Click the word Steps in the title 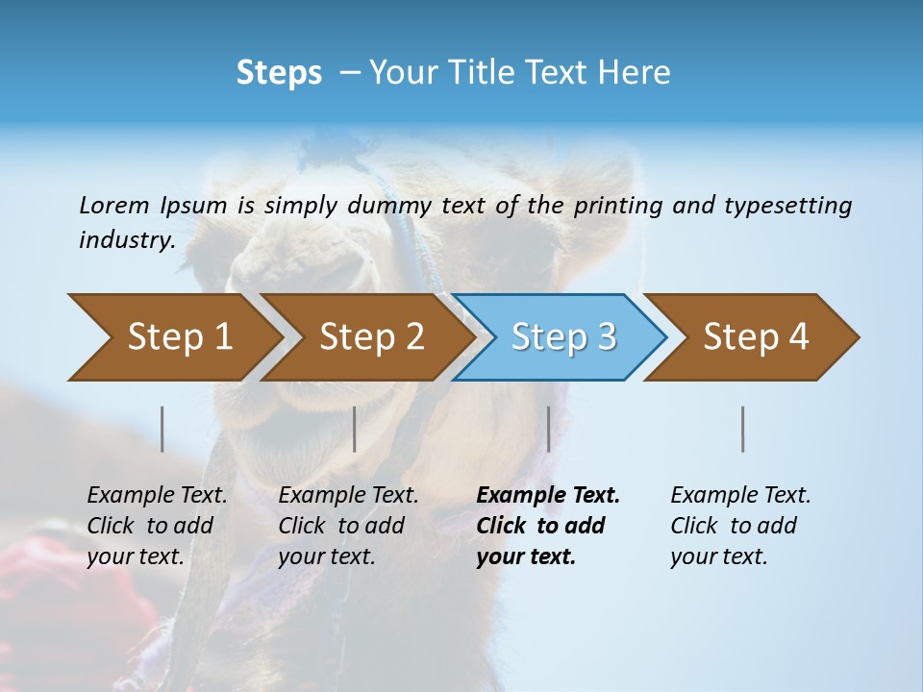[x=279, y=73]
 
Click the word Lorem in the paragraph [x=113, y=205]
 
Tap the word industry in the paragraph [x=126, y=239]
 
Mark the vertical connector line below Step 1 [x=162, y=429]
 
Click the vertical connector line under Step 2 [x=355, y=429]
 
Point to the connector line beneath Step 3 [x=548, y=429]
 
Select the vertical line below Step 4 [x=743, y=429]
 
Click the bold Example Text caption [x=547, y=525]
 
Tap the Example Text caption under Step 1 [x=157, y=525]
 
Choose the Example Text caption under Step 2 [x=348, y=525]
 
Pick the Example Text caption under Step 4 [x=740, y=525]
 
